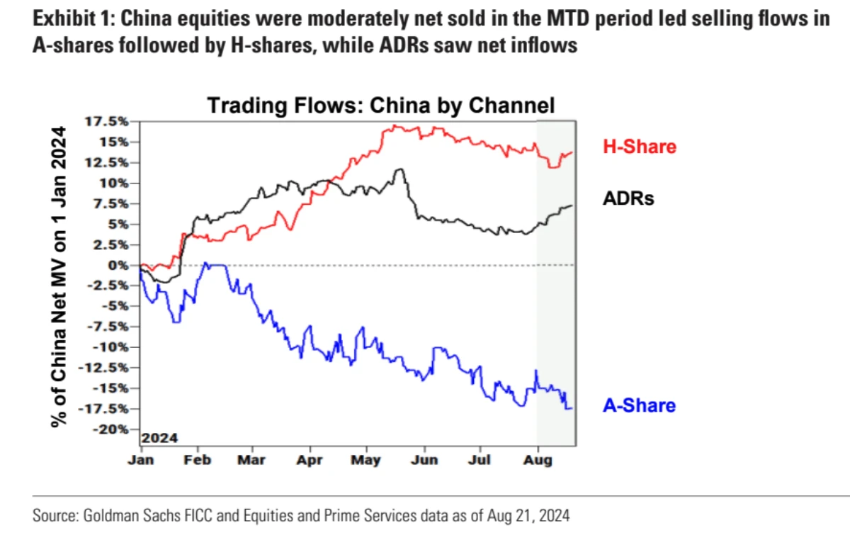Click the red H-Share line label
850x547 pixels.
click(639, 147)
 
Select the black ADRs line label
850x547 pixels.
click(628, 198)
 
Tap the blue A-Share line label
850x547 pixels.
click(639, 406)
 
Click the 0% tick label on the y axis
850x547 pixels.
click(118, 265)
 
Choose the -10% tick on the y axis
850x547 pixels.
click(111, 347)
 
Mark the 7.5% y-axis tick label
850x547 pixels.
click(112, 203)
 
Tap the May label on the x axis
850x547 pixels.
click(366, 460)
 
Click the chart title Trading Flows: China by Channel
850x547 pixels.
click(380, 106)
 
